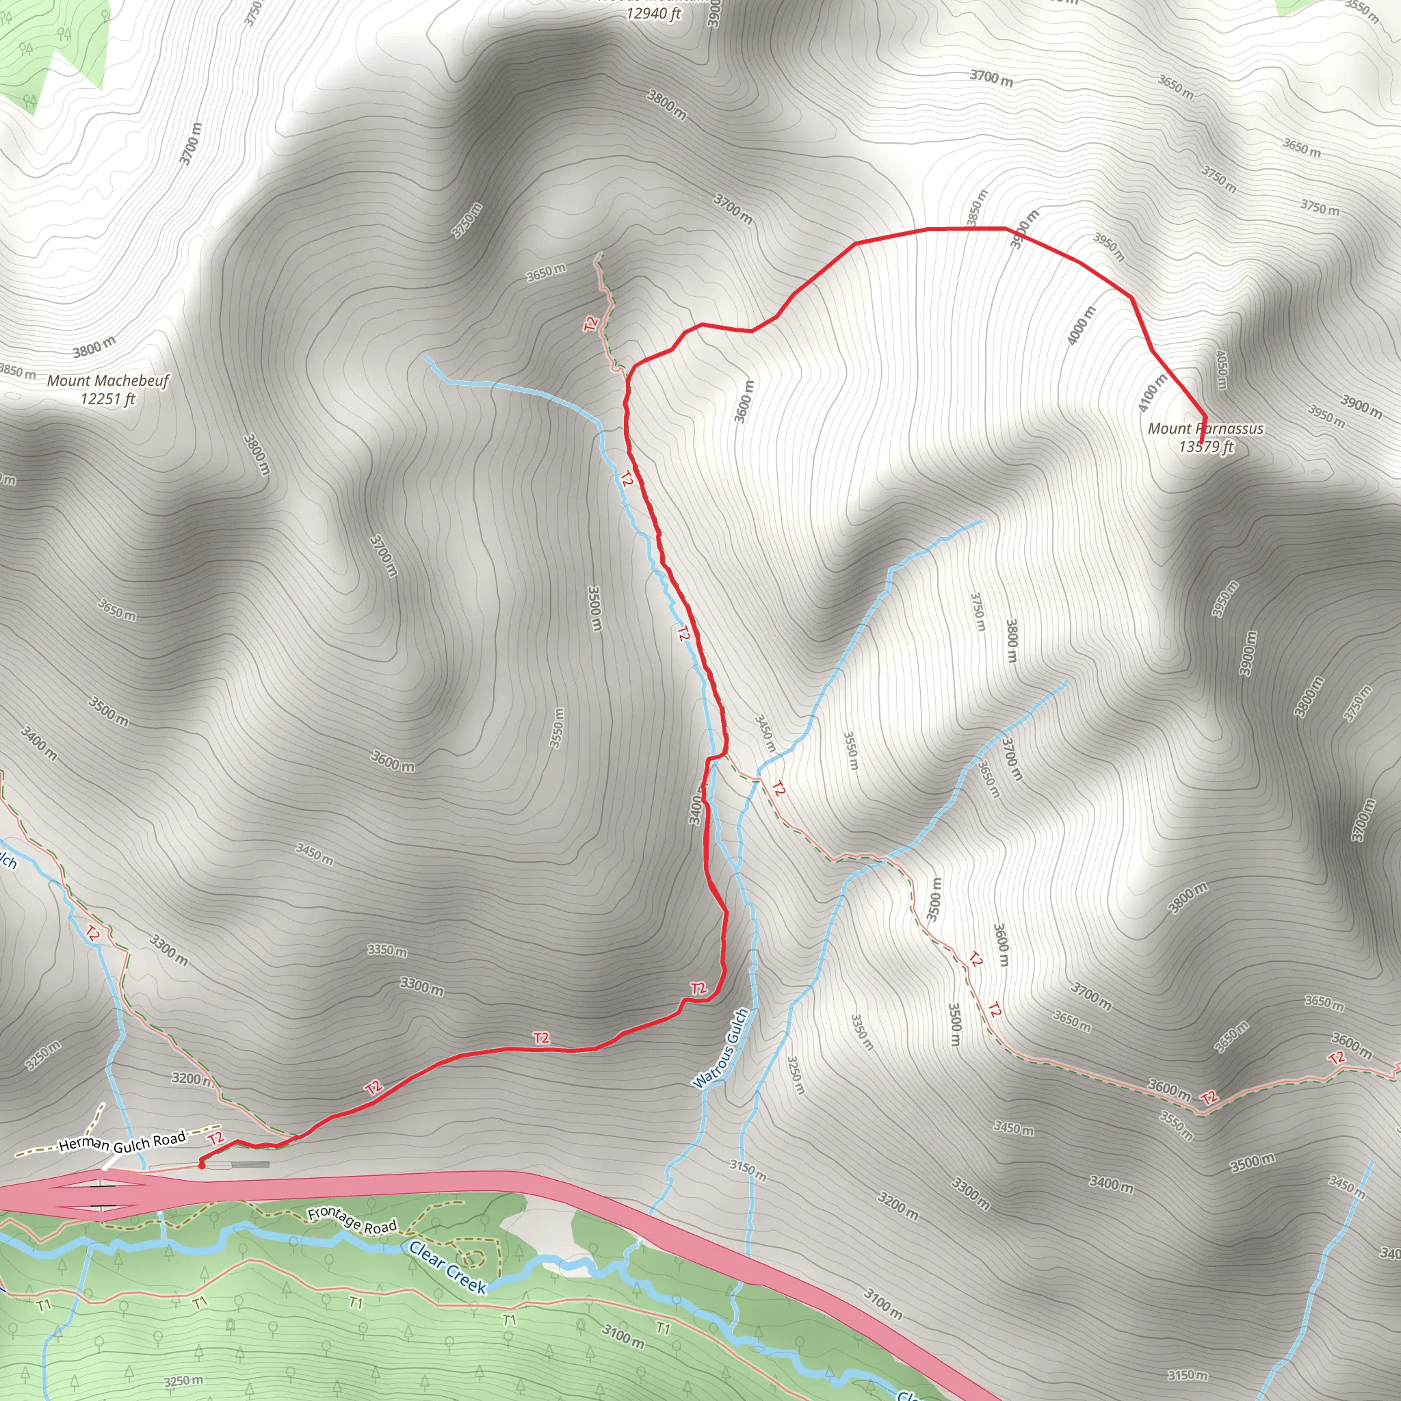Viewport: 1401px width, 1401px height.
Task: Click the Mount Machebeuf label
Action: [x=108, y=381]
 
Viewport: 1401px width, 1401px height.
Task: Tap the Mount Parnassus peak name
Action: [x=1205, y=428]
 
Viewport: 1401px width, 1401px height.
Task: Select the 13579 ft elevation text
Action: [x=1206, y=447]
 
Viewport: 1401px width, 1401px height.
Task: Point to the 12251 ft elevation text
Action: [x=108, y=399]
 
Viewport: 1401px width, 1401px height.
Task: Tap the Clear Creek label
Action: [x=447, y=1267]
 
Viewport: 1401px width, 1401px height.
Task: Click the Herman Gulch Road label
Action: [x=122, y=1143]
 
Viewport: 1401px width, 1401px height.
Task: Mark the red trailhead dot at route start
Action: [x=202, y=1166]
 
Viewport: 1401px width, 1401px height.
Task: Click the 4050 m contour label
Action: [x=1221, y=369]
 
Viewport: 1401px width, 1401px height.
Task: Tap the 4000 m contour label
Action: [x=1082, y=326]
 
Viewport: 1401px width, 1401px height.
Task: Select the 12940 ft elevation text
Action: [x=653, y=14]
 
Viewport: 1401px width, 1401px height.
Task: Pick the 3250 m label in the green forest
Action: [x=183, y=1380]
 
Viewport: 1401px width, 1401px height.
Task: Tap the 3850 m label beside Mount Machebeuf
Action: [x=17, y=371]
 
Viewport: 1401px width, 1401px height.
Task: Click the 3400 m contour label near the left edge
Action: [x=38, y=744]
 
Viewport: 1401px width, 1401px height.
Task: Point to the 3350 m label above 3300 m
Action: [x=387, y=951]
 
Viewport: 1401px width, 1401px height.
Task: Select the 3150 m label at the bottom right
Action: [x=1188, y=1375]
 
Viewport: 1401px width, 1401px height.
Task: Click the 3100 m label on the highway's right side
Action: [x=882, y=1303]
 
